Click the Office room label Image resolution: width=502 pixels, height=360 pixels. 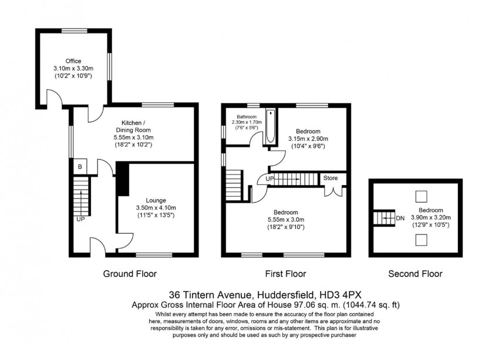point(73,61)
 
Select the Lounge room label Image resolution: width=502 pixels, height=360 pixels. point(156,200)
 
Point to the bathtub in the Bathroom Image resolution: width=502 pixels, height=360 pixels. point(270,127)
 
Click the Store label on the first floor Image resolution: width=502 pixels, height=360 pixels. point(331,177)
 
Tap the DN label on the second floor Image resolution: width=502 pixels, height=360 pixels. point(400,218)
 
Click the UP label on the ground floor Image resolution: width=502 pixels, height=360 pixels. point(79,219)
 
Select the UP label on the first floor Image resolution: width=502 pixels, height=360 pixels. point(269,178)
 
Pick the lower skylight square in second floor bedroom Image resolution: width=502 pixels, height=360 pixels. point(421,238)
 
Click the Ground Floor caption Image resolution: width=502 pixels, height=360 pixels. point(130,274)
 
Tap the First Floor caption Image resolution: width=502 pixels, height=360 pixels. point(286,274)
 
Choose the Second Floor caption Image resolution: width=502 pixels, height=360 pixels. point(415,274)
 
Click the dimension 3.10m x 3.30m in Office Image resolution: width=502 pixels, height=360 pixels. point(73,69)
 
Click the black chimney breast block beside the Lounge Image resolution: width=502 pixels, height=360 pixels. point(122,179)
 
